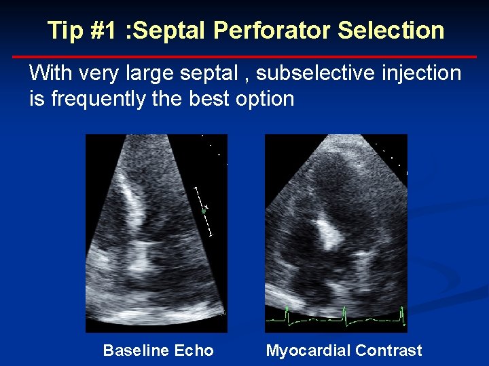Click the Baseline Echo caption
click(x=158, y=350)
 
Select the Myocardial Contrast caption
click(x=344, y=350)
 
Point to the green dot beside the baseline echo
click(x=203, y=211)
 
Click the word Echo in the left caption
click(x=194, y=350)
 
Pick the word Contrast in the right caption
click(x=392, y=350)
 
